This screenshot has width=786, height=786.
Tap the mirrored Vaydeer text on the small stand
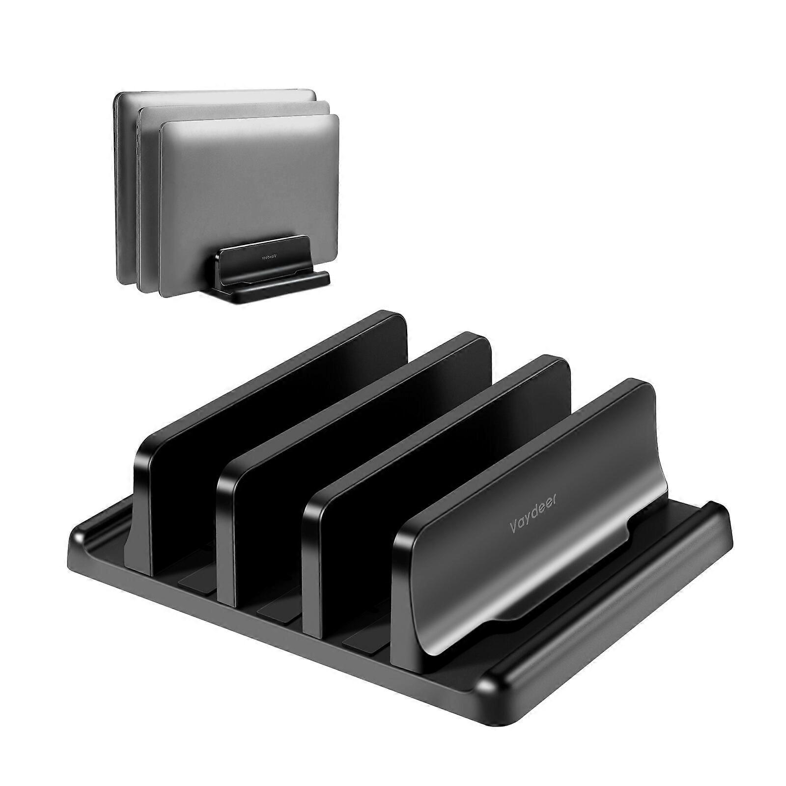point(263,256)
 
